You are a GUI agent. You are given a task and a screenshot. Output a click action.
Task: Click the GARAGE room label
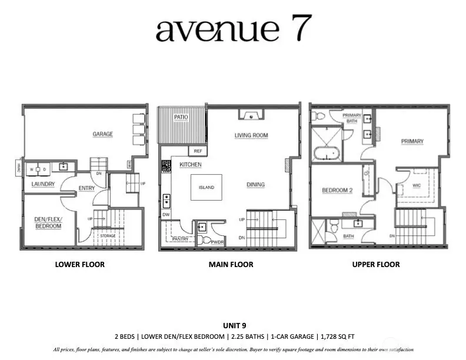(102, 134)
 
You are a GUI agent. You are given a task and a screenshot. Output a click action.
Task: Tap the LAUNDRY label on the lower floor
(43, 184)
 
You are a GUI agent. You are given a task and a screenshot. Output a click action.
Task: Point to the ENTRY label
(86, 189)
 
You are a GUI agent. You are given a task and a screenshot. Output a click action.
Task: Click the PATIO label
(181, 118)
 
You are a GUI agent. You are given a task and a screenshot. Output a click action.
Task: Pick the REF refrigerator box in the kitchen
(198, 151)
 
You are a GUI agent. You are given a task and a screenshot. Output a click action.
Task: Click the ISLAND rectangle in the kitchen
(206, 188)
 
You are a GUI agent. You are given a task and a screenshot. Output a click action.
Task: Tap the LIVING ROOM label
(251, 135)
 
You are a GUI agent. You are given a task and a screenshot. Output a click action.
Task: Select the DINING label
(255, 185)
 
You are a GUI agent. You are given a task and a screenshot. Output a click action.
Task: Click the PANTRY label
(181, 240)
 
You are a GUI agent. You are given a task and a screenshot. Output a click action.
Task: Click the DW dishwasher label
(166, 215)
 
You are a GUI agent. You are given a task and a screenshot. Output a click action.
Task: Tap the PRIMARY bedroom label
(412, 141)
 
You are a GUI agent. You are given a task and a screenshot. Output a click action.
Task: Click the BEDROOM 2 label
(337, 191)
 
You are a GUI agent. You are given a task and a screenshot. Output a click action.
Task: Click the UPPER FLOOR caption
(376, 265)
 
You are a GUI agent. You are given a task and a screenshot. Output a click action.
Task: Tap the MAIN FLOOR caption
(231, 265)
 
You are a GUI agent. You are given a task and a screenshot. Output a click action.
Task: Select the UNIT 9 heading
(233, 325)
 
